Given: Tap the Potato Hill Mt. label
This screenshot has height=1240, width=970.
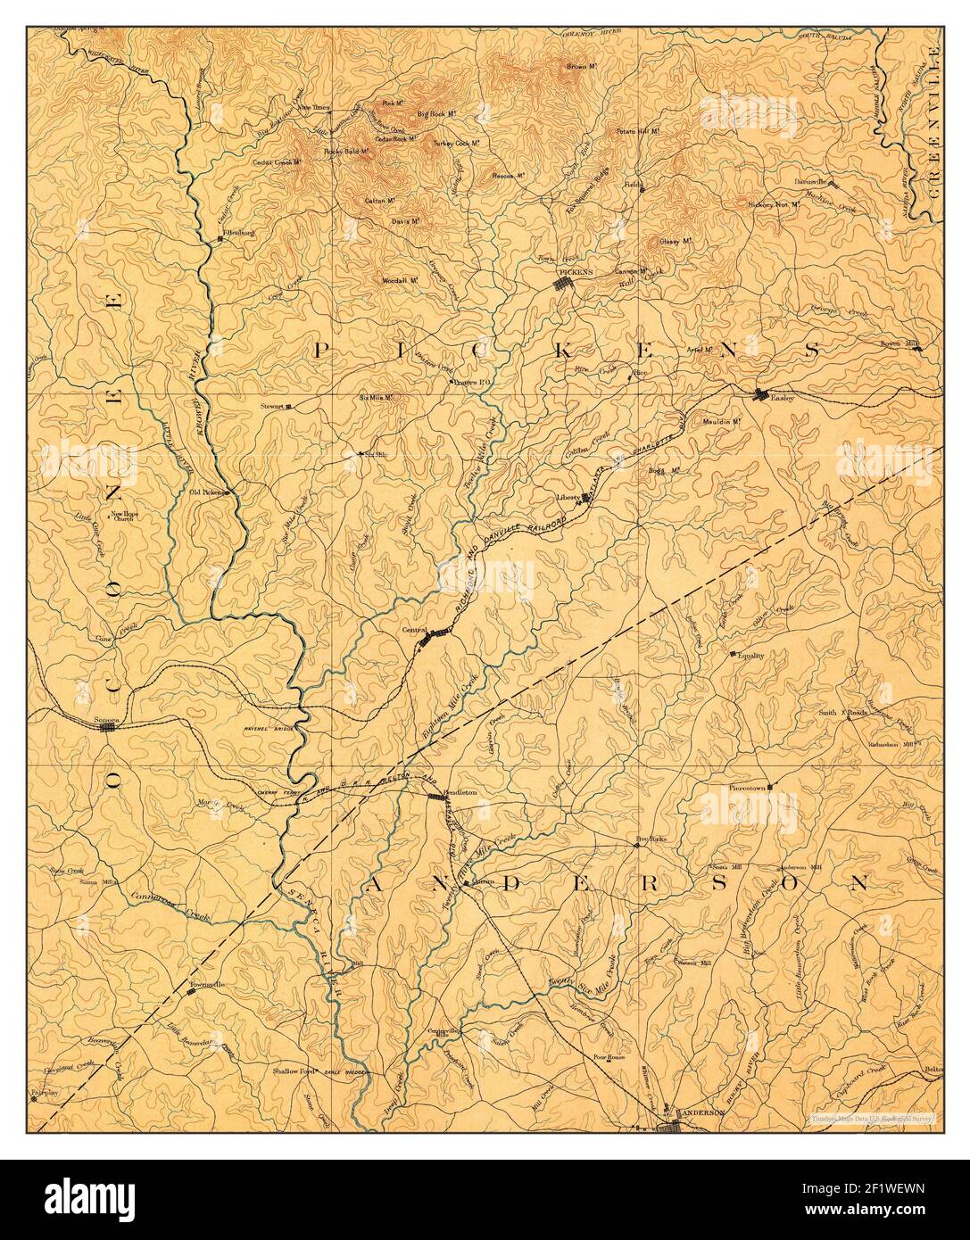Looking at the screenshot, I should [x=637, y=131].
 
